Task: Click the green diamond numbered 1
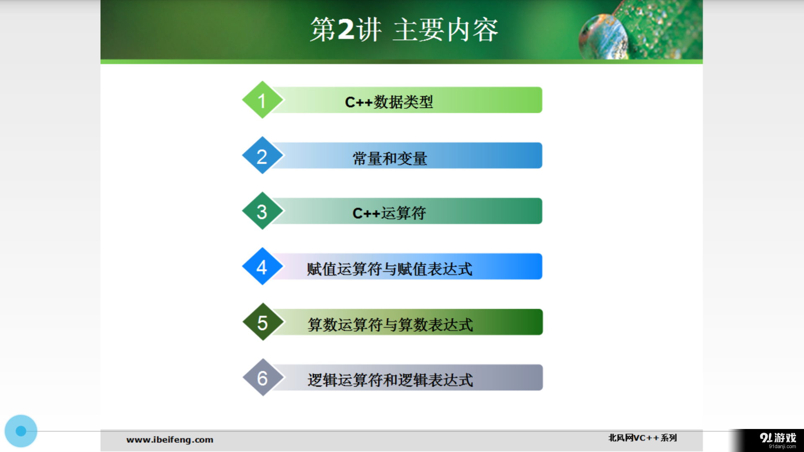click(263, 100)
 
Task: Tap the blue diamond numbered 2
click(263, 156)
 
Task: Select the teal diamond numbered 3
click(263, 211)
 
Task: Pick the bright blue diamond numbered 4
click(263, 267)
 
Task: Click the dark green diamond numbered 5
click(263, 322)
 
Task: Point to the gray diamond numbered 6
click(263, 378)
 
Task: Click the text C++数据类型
click(389, 102)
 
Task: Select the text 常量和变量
click(389, 158)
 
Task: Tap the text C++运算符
click(389, 213)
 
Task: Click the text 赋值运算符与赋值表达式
click(389, 269)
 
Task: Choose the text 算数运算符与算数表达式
click(390, 324)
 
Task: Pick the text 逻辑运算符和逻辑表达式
click(390, 380)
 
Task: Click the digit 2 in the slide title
click(346, 29)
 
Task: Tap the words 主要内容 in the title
click(446, 30)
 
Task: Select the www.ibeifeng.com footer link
click(170, 439)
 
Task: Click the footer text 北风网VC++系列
click(642, 438)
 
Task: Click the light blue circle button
click(21, 431)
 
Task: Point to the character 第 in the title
click(323, 30)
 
